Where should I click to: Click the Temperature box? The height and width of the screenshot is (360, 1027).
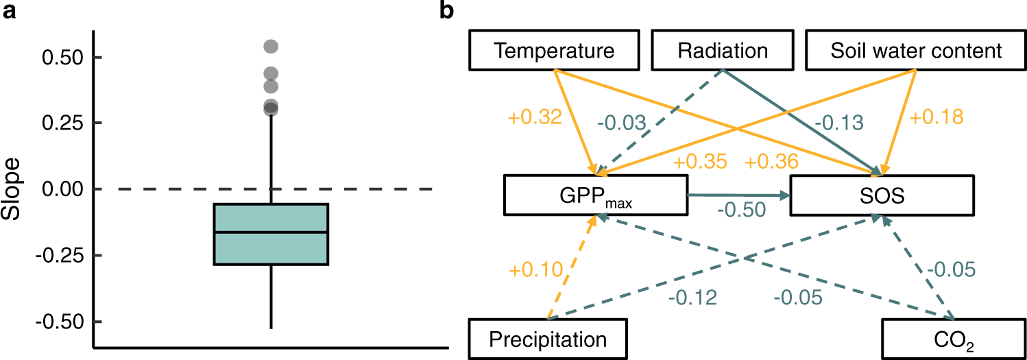555,50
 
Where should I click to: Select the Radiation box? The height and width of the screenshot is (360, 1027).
722,50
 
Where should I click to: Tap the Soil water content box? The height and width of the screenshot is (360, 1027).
916,50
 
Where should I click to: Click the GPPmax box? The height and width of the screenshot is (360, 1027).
595,194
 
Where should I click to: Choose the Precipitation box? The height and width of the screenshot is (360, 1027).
548,339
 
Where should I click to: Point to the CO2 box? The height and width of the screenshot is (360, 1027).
954,339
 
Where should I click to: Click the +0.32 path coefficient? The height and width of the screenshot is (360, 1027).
535,118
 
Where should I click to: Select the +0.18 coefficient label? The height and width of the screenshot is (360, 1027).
937,117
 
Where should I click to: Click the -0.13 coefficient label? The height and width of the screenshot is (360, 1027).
838,123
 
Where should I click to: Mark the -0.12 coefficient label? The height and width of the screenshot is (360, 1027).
693,297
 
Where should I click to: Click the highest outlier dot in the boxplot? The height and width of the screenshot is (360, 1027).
271,47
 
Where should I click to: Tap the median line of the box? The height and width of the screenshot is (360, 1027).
271,232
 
